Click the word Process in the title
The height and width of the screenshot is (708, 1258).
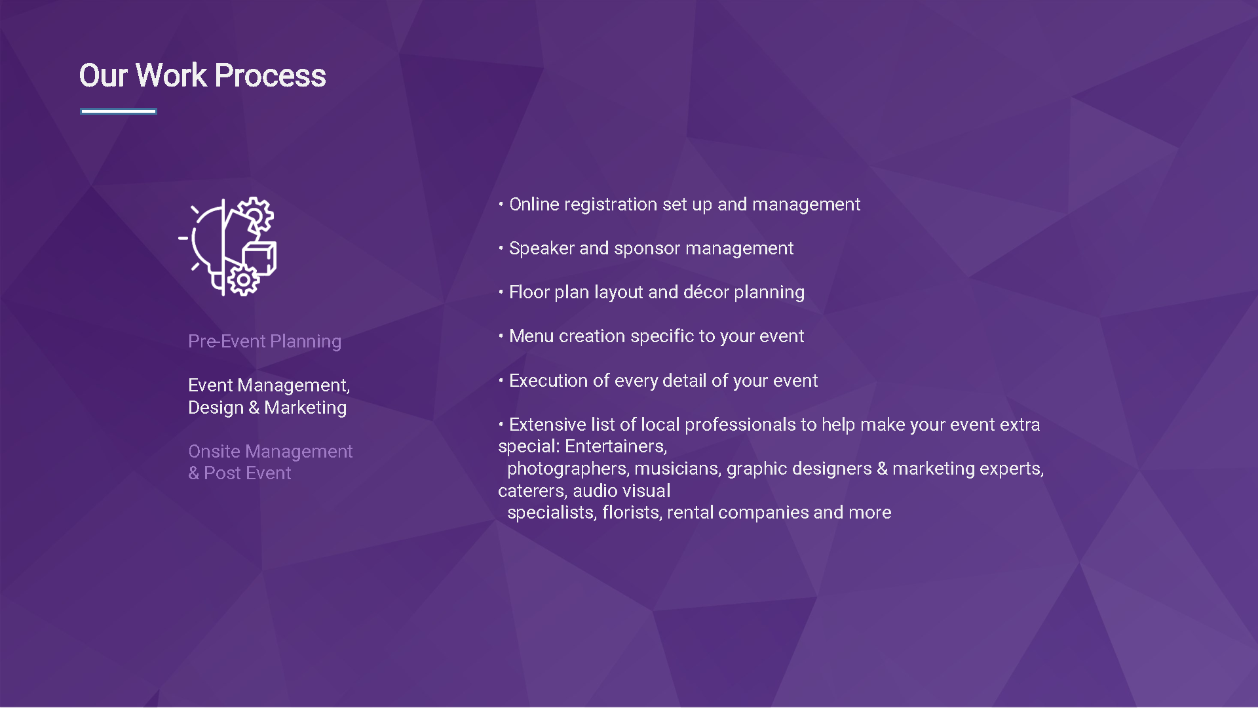click(x=270, y=75)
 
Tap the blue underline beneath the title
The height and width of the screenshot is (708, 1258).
click(x=119, y=111)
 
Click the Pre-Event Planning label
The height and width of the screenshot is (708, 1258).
click(x=265, y=342)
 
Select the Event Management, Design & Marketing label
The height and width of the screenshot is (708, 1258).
click(x=269, y=396)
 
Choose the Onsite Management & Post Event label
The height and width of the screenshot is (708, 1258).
click(x=270, y=462)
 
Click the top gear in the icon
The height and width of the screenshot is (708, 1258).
click(x=255, y=214)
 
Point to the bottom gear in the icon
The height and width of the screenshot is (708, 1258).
click(x=243, y=280)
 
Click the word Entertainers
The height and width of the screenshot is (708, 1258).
click(x=616, y=447)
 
